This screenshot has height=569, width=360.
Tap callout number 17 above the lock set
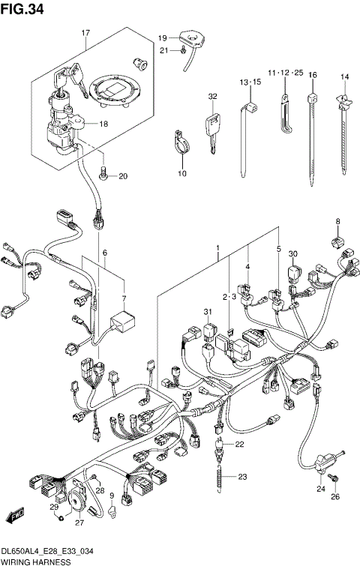tap(85, 34)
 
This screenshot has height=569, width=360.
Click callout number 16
tap(312, 75)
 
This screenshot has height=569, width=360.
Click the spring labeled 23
tap(220, 477)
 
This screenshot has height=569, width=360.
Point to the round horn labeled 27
tap(76, 503)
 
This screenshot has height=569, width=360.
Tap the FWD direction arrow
tap(12, 517)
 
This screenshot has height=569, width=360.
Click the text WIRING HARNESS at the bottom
tap(36, 561)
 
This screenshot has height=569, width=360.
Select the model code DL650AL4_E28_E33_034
tap(51, 550)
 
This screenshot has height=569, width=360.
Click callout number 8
tap(337, 222)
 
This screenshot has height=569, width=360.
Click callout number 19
tap(161, 37)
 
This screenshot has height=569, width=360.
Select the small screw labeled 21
tap(183, 50)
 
